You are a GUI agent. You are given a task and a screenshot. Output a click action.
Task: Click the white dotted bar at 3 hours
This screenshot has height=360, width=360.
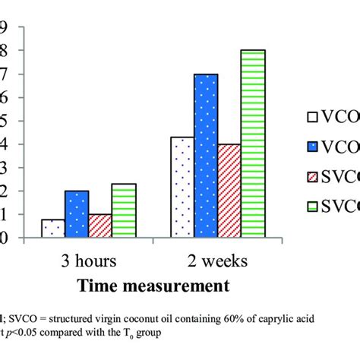pyautogui.click(x=52, y=229)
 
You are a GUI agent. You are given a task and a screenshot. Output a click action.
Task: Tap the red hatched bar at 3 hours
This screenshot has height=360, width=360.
pyautogui.click(x=99, y=226)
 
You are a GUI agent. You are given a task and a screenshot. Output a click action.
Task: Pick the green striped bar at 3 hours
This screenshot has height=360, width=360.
pyautogui.click(x=124, y=211)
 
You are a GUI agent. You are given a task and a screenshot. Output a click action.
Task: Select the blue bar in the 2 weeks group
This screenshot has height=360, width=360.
pyautogui.click(x=205, y=156)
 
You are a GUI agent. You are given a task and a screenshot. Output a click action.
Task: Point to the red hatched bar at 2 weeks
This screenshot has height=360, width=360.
pyautogui.click(x=229, y=191)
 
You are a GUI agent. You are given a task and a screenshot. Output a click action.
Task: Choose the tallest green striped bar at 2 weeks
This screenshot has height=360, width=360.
pyautogui.click(x=254, y=144)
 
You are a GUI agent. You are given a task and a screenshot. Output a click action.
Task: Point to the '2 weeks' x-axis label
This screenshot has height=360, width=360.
pyautogui.click(x=217, y=261)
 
